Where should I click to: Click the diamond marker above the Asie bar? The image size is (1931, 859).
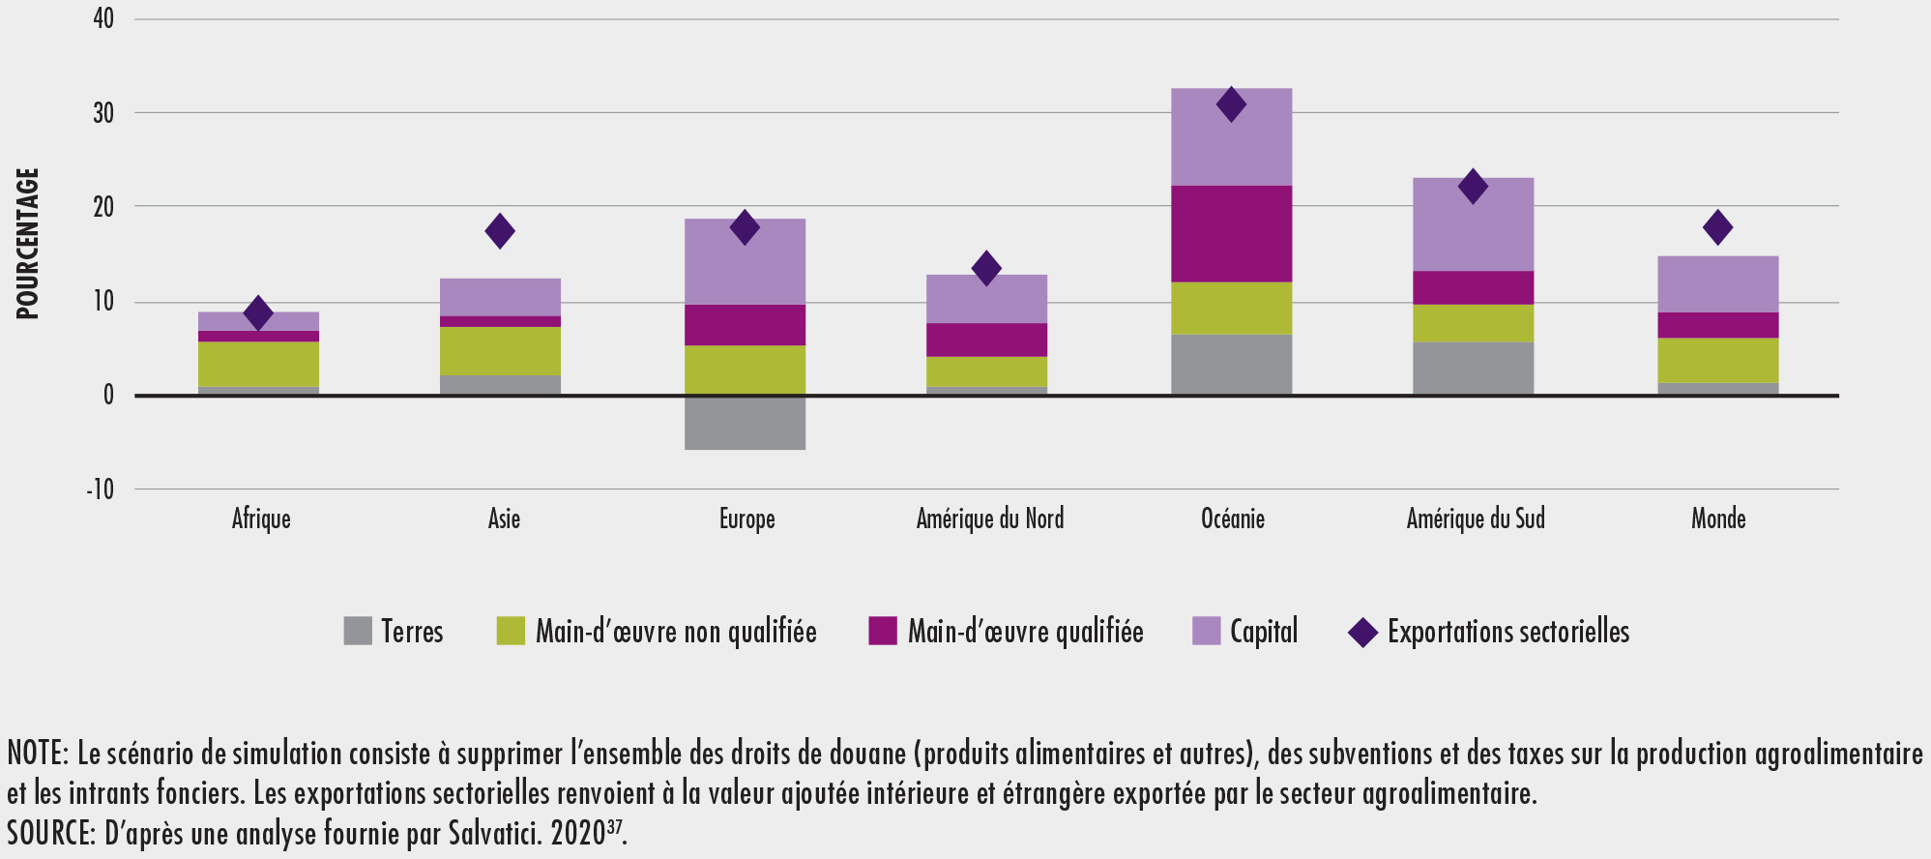500,231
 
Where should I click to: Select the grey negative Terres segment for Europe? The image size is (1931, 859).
745,423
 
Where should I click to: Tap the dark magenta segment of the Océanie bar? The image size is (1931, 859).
1231,233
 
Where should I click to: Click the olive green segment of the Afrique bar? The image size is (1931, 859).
258,364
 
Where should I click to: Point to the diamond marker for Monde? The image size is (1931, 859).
1717,227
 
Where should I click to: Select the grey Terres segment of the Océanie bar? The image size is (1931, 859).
1231,364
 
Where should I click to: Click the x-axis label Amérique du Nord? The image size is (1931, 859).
989,519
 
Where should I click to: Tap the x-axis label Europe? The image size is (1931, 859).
746,519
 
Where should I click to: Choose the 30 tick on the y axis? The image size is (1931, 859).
103,113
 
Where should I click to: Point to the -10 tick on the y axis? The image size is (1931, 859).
101,489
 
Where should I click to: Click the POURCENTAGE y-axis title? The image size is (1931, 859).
27,244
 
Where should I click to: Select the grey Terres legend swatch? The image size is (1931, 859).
358,631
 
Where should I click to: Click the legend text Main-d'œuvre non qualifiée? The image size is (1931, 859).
676,632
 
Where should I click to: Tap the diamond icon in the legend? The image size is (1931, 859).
1362,633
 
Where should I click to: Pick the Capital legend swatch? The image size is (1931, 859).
1206,631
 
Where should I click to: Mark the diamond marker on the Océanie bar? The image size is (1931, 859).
1231,104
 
